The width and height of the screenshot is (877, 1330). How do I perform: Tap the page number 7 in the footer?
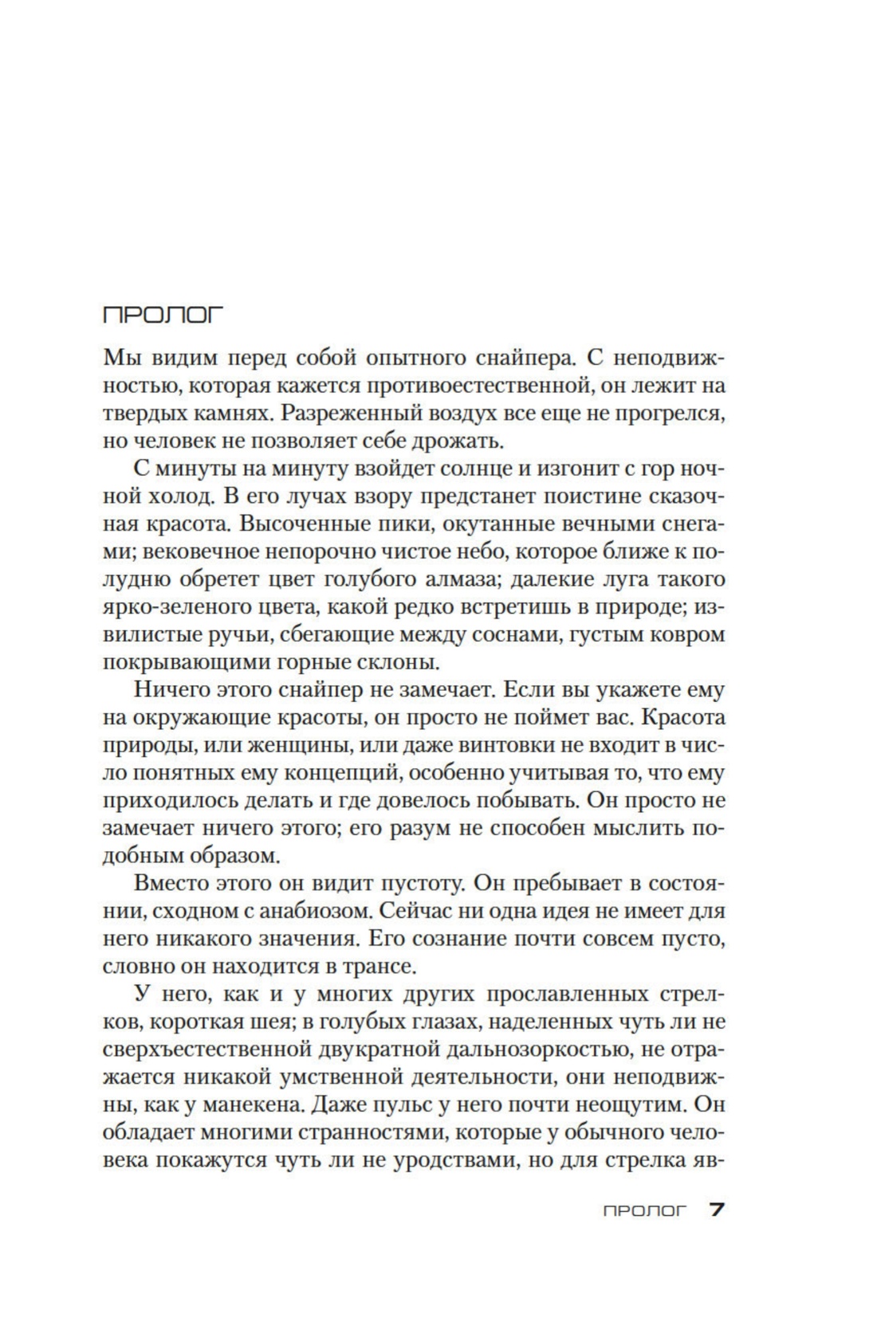point(716,1210)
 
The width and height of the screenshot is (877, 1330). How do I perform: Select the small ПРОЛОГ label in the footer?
point(644,1211)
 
